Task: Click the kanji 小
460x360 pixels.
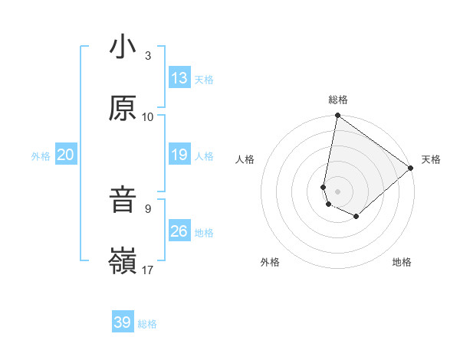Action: [123, 47]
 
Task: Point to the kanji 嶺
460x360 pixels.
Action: [123, 261]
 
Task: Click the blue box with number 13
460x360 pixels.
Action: [179, 78]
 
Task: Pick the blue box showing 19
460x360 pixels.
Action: [179, 155]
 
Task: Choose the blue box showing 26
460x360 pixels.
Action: [179, 231]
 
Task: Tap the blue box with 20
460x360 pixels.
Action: [65, 155]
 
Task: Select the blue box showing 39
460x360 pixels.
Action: [123, 322]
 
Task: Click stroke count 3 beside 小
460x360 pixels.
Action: [148, 56]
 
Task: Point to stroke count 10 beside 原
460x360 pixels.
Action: [148, 116]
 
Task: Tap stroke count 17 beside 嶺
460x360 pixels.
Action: [148, 269]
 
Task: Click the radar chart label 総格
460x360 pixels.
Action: [338, 100]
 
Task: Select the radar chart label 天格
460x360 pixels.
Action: [431, 159]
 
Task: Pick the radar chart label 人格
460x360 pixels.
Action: [245, 159]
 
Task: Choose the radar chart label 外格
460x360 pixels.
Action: [270, 263]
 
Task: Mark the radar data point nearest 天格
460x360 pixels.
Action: [411, 169]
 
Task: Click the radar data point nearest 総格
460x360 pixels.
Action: [337, 116]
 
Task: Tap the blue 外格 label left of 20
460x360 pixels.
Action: [41, 155]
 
